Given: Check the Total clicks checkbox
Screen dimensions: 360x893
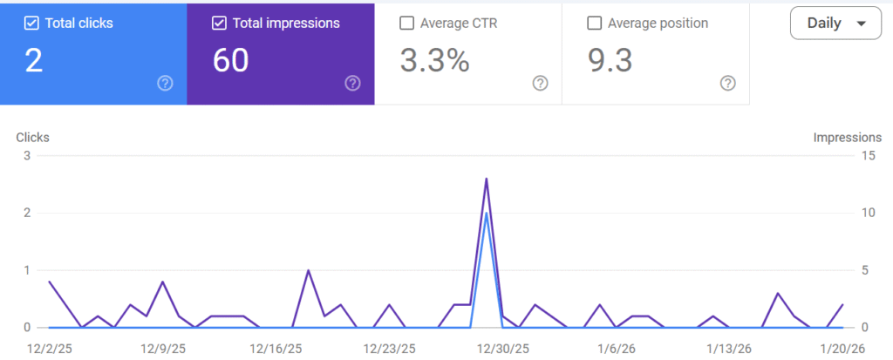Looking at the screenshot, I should tap(31, 24).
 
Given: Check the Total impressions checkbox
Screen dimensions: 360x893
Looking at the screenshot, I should tap(219, 24).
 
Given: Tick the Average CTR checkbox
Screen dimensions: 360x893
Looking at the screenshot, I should tap(406, 24).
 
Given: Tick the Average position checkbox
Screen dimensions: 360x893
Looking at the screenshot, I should tap(595, 24).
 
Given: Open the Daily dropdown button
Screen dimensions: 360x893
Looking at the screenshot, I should tap(835, 24).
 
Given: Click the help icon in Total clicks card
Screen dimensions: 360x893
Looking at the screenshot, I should tap(165, 84).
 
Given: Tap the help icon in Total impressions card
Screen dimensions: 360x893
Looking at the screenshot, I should tap(352, 84).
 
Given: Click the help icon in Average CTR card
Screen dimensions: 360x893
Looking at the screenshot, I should tap(540, 84).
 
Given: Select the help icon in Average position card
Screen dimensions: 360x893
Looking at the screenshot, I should tap(728, 84).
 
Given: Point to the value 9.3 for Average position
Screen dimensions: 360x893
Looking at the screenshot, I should tap(610, 61).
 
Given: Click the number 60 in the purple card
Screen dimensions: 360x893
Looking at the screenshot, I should tap(231, 61).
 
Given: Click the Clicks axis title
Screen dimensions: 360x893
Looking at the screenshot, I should tap(32, 138).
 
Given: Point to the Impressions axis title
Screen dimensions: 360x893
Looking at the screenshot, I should tap(847, 138).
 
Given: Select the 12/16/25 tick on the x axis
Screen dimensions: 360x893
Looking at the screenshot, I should tap(276, 349).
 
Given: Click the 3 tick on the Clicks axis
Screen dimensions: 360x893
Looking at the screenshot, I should tap(27, 156).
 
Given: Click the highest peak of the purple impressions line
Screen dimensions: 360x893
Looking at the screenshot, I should tap(486, 179).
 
